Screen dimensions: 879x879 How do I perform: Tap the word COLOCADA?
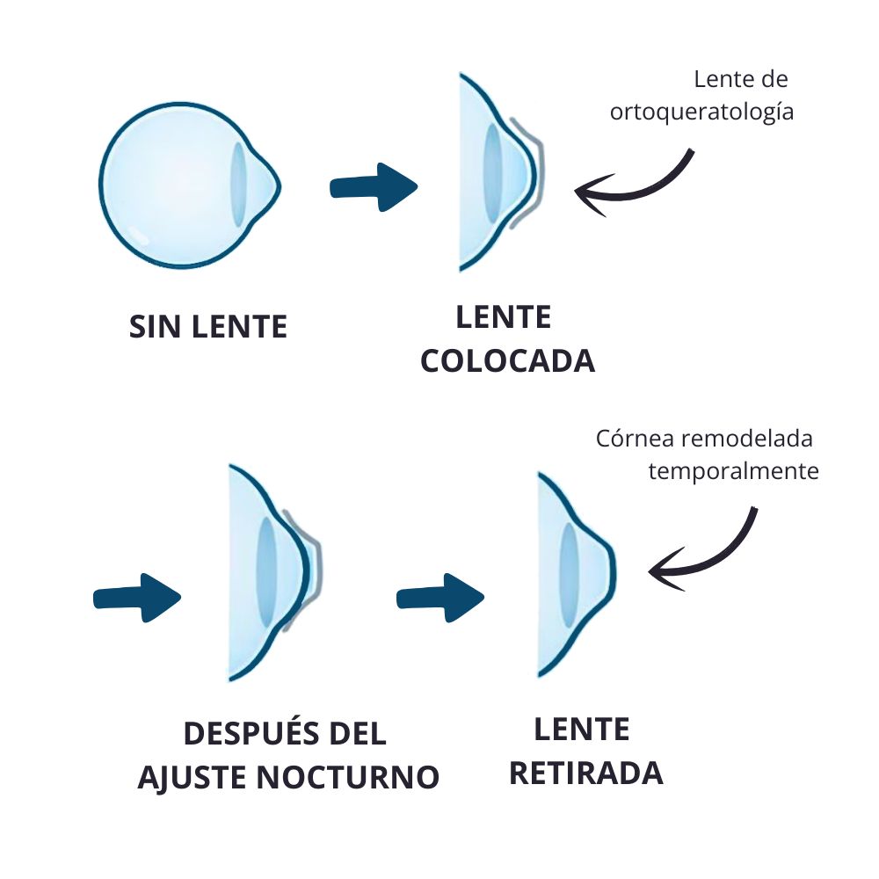point(507,360)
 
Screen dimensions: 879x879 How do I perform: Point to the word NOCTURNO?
point(347,777)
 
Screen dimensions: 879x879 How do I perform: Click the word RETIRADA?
point(585,773)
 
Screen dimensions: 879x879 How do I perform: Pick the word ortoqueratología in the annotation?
point(701,111)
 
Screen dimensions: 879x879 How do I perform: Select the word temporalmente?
point(733,471)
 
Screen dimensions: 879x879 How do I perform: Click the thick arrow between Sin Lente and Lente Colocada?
point(374,186)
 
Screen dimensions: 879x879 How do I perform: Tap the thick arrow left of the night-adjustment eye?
point(137,598)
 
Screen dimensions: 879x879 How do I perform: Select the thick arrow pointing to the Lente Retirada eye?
point(440,598)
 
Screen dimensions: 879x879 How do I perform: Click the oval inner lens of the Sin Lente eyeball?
point(239,185)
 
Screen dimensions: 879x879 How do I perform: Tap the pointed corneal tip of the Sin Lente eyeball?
point(279,186)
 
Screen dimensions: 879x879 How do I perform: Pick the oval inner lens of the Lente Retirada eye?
point(569,575)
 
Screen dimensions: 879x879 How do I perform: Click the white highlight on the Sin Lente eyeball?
point(138,235)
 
